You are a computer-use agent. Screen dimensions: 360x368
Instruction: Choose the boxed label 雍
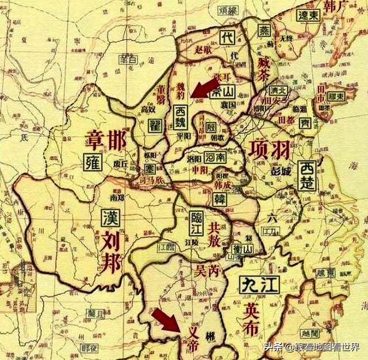[92, 162]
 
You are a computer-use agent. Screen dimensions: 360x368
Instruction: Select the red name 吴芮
[206, 270]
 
